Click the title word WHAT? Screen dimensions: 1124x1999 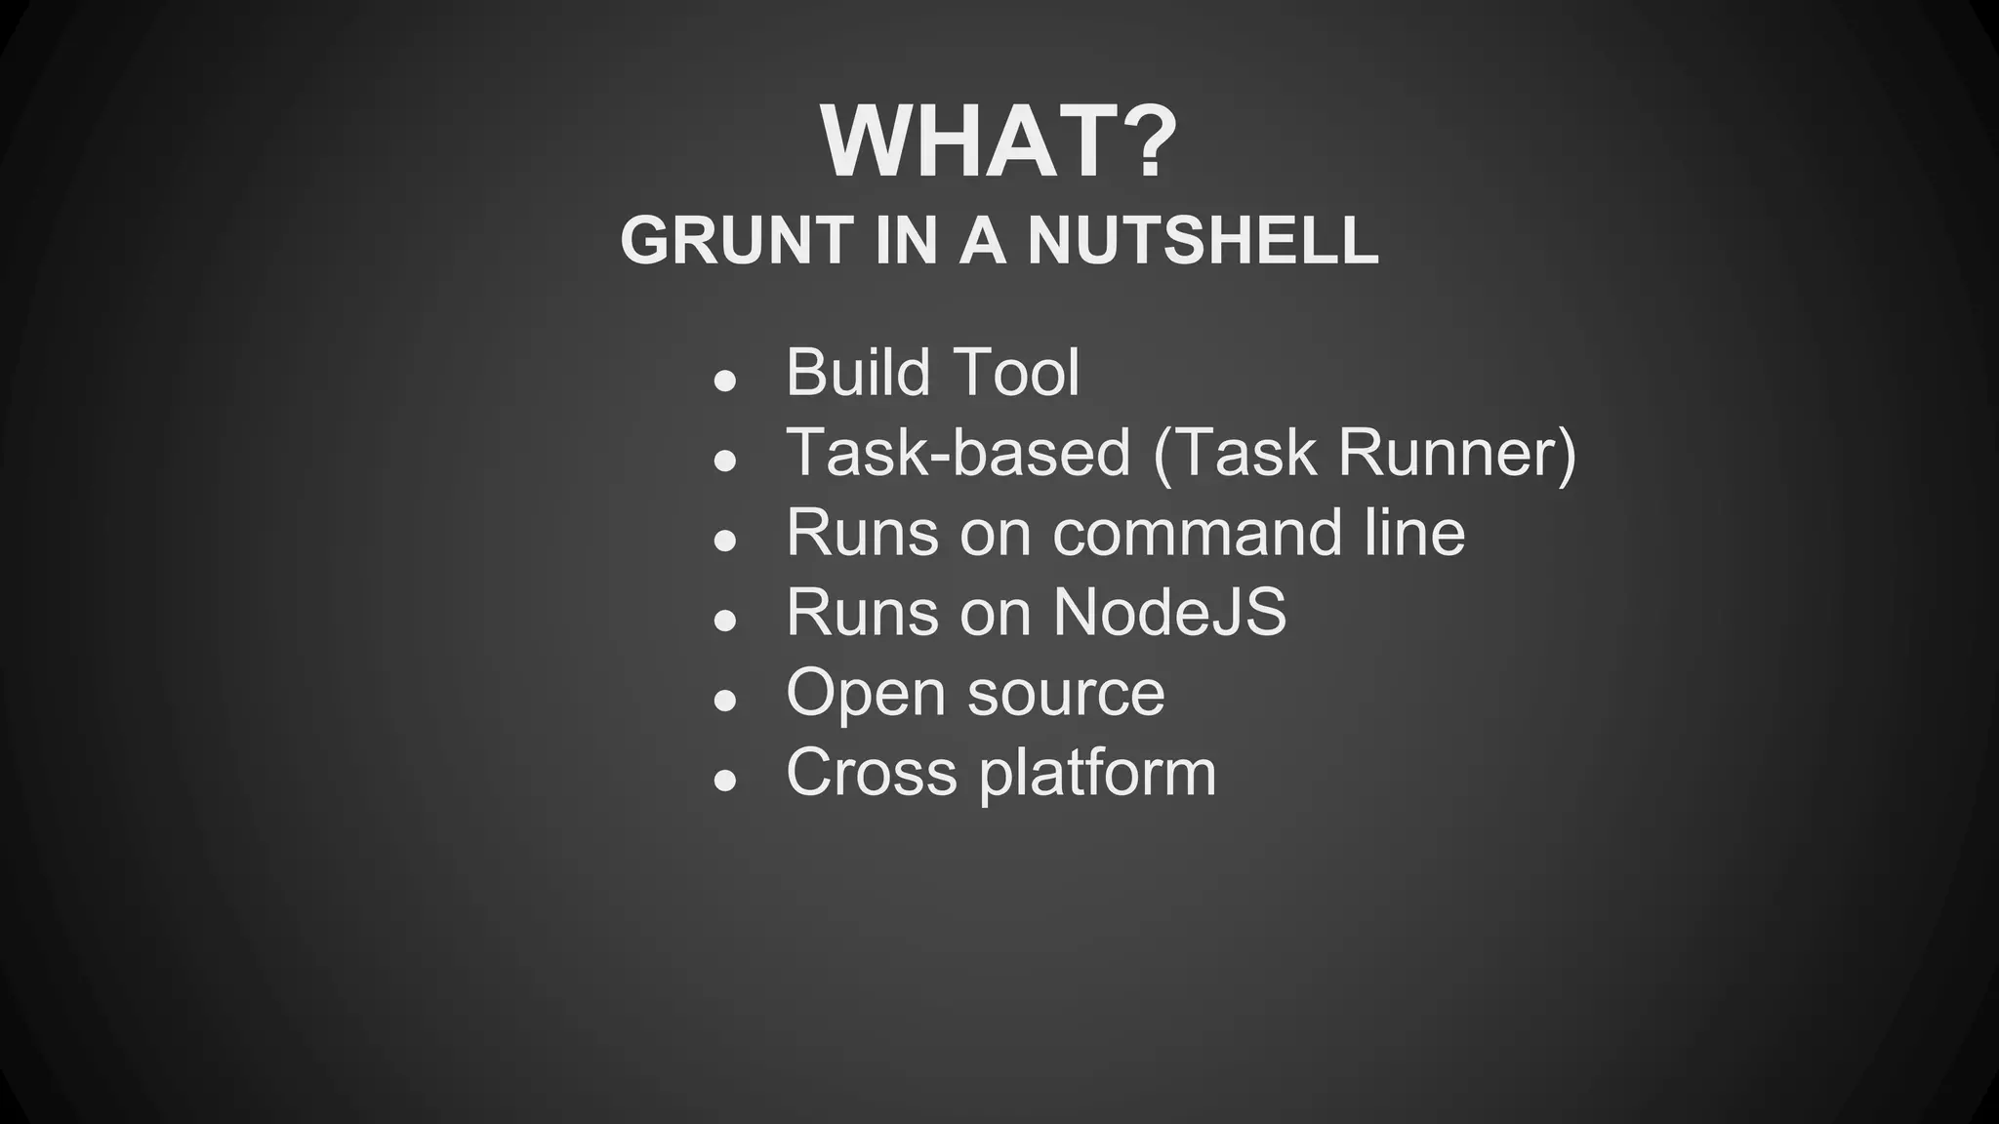click(x=999, y=142)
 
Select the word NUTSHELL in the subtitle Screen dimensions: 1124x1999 click(x=1203, y=240)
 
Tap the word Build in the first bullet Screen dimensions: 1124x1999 click(x=857, y=372)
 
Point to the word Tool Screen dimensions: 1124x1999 click(x=1015, y=372)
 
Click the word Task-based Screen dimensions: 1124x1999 click(x=958, y=453)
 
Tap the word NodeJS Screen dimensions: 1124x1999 click(x=1169, y=613)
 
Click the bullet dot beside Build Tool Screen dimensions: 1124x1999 click(x=724, y=381)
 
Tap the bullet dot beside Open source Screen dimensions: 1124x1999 click(x=724, y=701)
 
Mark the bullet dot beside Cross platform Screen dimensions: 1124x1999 click(x=724, y=781)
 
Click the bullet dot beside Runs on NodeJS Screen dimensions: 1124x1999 click(x=724, y=621)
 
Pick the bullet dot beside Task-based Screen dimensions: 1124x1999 click(x=724, y=462)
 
